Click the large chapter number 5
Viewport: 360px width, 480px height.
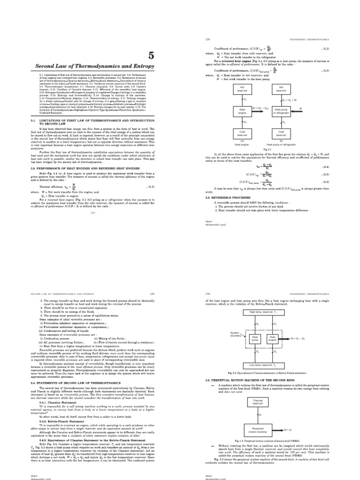click(150, 56)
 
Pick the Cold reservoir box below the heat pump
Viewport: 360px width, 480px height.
click(282, 134)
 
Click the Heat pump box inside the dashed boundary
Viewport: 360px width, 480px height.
click(255, 338)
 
